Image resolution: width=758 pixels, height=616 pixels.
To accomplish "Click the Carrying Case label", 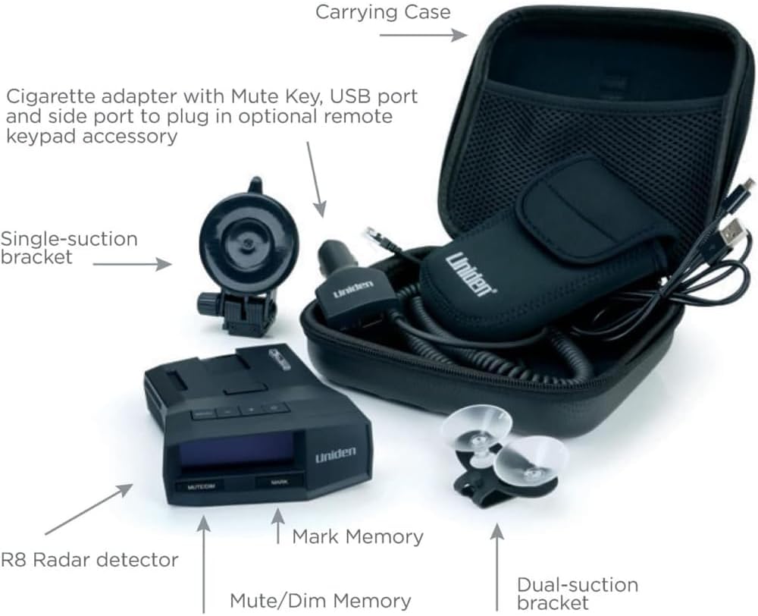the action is [383, 12].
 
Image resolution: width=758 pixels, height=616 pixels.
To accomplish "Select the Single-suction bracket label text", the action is [68, 247].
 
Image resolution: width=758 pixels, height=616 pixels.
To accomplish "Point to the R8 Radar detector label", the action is [89, 560].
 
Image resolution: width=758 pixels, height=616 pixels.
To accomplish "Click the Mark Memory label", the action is [358, 537].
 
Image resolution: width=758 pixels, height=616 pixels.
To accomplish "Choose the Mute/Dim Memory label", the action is [321, 602].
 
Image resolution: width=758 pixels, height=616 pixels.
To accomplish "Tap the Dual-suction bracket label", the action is [577, 593].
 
